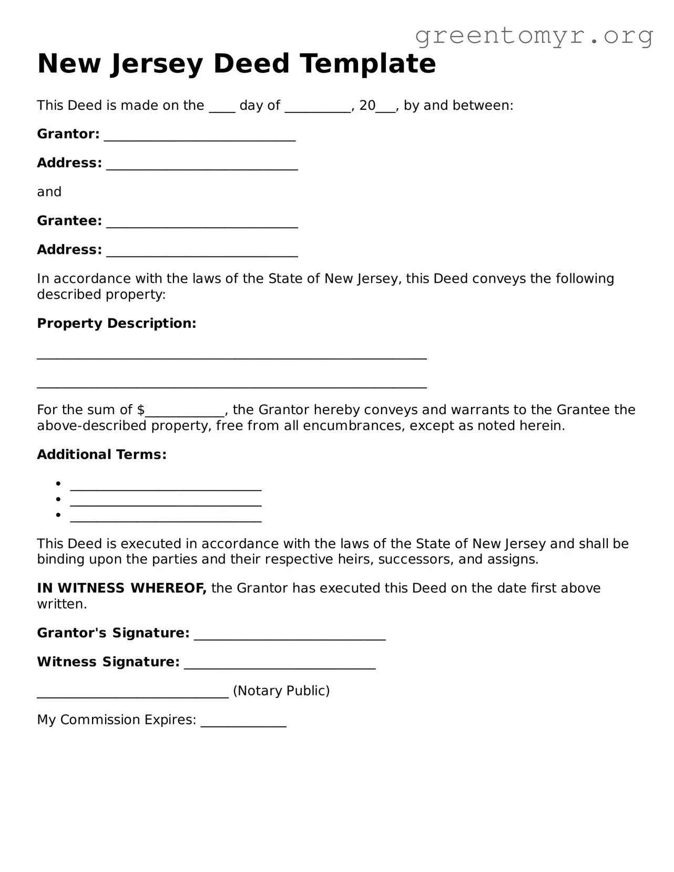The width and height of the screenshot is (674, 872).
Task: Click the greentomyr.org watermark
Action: [x=534, y=36]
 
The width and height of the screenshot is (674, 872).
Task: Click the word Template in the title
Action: [x=368, y=64]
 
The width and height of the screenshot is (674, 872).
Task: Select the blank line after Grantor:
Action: [x=200, y=136]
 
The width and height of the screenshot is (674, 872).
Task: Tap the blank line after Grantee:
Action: [x=202, y=222]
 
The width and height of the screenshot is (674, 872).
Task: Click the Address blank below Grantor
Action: [x=202, y=165]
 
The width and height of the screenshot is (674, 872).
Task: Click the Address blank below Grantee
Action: [x=202, y=251]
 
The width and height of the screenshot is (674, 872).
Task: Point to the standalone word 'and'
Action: [x=49, y=192]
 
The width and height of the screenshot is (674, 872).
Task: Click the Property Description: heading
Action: [x=116, y=323]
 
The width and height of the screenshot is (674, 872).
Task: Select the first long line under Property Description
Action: [x=231, y=356]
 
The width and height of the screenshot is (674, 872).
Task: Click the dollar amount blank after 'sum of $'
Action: [x=185, y=412]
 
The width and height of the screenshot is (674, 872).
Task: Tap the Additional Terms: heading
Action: [x=101, y=455]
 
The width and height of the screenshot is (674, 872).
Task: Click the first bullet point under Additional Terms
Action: [x=59, y=484]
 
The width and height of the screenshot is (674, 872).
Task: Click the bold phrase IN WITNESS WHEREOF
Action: [x=121, y=588]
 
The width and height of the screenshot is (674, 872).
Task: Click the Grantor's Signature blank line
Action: [x=290, y=635]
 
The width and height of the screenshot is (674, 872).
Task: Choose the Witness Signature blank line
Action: [x=280, y=664]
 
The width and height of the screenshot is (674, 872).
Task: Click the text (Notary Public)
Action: [x=281, y=691]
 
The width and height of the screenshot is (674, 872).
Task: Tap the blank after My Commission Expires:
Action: [x=243, y=722]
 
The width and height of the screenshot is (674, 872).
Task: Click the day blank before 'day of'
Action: [x=222, y=107]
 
